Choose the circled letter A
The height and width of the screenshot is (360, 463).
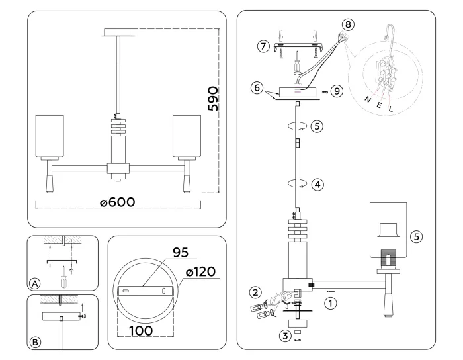34,283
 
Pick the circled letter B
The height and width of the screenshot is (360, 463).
34,342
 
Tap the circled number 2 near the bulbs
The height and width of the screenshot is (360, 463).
255,291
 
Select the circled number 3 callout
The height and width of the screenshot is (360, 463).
284,336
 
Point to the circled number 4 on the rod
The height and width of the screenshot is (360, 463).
317,185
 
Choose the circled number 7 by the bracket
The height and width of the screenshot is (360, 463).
264,46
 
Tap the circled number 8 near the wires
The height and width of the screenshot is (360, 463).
349,24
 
